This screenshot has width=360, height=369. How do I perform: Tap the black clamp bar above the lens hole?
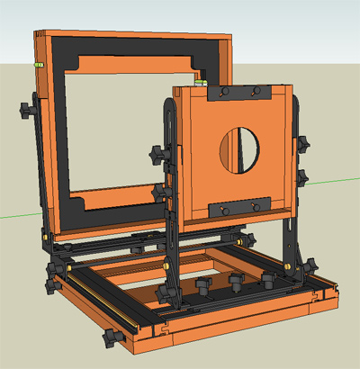pyautogui.click(x=238, y=94)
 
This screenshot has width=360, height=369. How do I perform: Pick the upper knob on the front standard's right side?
pyautogui.click(x=303, y=144)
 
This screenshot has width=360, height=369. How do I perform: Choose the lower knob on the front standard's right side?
pyautogui.click(x=303, y=177)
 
